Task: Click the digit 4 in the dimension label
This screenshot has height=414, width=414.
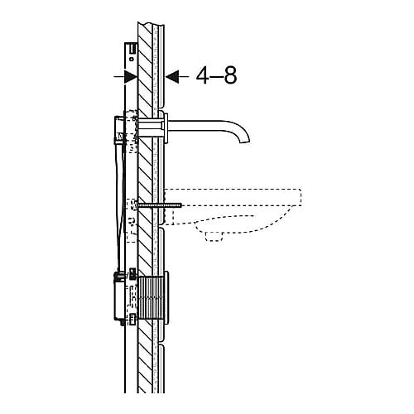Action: click(x=203, y=75)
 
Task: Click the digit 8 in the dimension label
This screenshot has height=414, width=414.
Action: click(x=230, y=75)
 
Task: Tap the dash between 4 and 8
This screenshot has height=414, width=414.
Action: click(x=217, y=76)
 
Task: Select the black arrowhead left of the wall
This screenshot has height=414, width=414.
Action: click(x=131, y=76)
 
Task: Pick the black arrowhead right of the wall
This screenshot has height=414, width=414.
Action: click(x=171, y=76)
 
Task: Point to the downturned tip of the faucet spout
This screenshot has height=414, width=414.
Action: click(x=245, y=141)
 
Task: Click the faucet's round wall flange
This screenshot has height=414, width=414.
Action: click(x=166, y=128)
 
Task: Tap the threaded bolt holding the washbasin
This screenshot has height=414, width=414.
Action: click(x=160, y=205)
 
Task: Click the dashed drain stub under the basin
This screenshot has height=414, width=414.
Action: click(x=214, y=236)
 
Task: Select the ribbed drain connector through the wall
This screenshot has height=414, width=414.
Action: click(x=151, y=297)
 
